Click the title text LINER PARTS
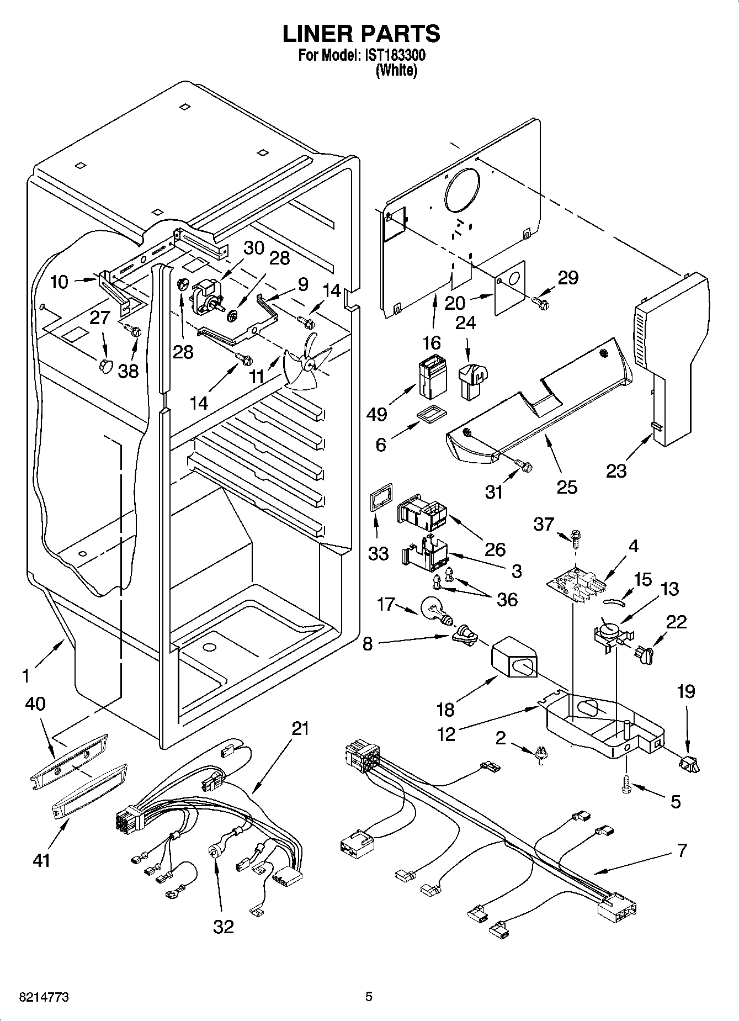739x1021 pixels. (361, 34)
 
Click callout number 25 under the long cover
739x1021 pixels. (567, 486)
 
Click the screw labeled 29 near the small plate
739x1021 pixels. (539, 301)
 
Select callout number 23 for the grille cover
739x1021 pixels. (616, 471)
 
